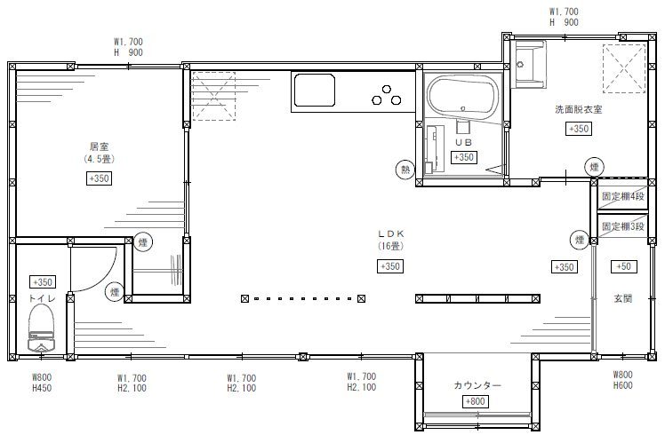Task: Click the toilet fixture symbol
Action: tap(41, 328)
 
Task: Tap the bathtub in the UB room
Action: tap(462, 97)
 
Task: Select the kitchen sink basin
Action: tap(314, 90)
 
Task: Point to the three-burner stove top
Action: tap(387, 95)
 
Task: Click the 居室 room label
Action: tap(100, 146)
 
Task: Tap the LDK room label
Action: tap(390, 233)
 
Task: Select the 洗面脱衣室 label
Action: tap(579, 109)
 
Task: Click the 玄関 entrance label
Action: tap(623, 298)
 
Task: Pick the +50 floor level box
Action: tap(623, 266)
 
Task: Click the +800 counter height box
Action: tap(475, 401)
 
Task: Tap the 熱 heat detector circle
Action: tap(405, 170)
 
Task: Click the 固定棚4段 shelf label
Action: tap(623, 196)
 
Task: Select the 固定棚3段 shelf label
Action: tap(623, 226)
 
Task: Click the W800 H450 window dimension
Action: tap(42, 382)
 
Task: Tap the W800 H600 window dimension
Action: tap(622, 380)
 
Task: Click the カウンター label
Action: tap(477, 385)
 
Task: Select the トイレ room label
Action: tap(42, 298)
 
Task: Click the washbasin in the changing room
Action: tap(529, 64)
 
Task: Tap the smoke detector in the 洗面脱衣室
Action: tap(594, 167)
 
